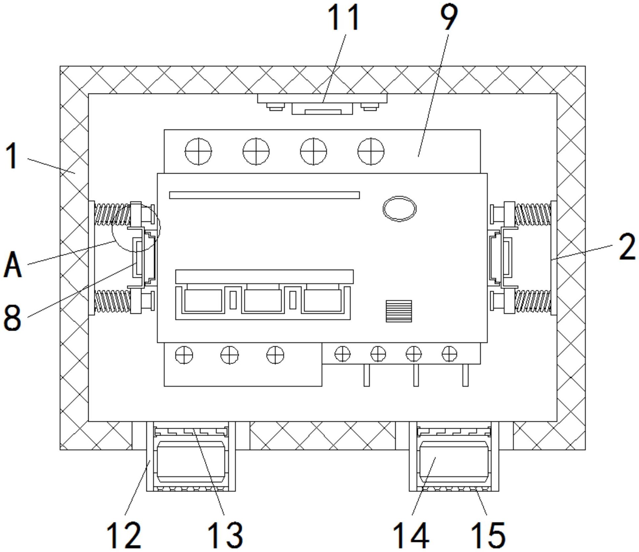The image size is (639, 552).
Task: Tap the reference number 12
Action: pyautogui.click(x=124, y=535)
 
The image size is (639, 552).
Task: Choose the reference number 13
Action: pyautogui.click(x=225, y=535)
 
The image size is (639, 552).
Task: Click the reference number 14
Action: pyautogui.click(x=411, y=535)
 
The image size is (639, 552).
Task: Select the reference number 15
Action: pyautogui.click(x=488, y=535)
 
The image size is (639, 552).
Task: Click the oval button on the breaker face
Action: pyautogui.click(x=399, y=209)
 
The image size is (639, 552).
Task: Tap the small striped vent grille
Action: pyautogui.click(x=399, y=311)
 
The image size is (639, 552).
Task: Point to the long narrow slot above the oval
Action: pyautogui.click(x=264, y=195)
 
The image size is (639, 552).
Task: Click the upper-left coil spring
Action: pyautogui.click(x=112, y=214)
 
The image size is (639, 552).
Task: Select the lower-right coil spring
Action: pyautogui.click(x=533, y=301)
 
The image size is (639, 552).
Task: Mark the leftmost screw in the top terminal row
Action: pyautogui.click(x=198, y=151)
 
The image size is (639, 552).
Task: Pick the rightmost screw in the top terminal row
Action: pyautogui.click(x=371, y=151)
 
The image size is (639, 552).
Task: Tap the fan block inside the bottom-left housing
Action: pyautogui.click(x=191, y=462)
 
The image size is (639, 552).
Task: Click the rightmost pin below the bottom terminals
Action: pyautogui.click(x=465, y=375)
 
